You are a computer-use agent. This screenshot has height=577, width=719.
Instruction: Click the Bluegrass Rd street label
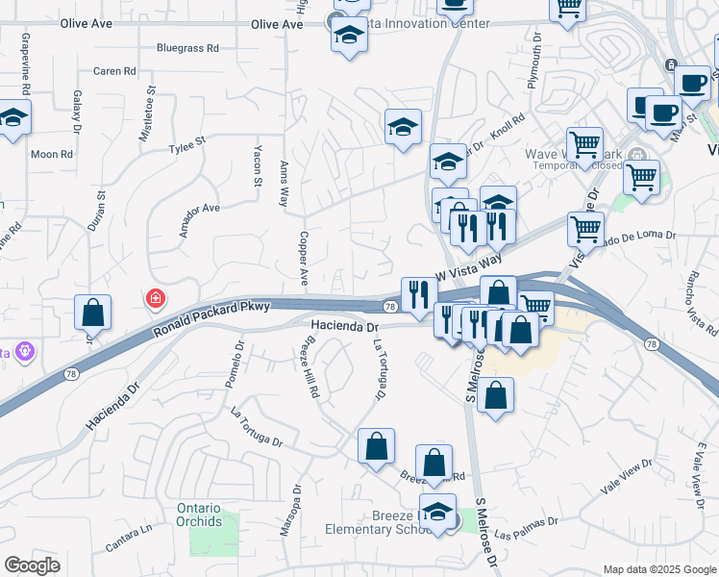187,47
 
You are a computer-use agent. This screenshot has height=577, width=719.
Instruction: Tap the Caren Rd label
114,71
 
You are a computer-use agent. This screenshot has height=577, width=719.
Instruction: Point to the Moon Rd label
52,154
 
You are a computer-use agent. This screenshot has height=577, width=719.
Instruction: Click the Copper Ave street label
302,257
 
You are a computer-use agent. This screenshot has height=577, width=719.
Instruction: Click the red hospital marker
154,300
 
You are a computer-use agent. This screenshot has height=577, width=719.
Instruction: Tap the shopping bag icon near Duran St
92,312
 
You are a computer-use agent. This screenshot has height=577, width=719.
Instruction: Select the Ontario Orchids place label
199,514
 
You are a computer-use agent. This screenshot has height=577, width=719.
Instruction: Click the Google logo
32,565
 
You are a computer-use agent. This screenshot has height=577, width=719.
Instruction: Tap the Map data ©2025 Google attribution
658,569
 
